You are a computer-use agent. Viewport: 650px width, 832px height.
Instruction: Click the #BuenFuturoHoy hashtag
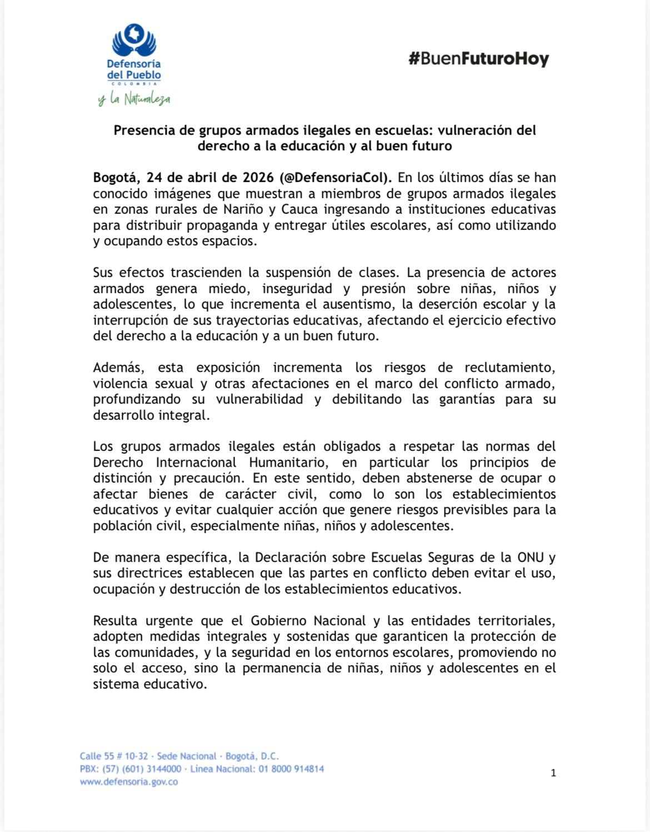tap(478, 59)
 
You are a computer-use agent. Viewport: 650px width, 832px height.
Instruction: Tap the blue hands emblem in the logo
tap(134, 41)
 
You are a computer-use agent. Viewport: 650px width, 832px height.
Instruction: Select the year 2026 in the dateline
tap(258, 178)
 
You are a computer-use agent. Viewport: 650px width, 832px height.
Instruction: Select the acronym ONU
tap(531, 558)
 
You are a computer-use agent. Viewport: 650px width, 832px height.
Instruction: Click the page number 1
tap(553, 773)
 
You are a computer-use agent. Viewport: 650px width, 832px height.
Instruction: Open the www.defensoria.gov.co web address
tap(129, 781)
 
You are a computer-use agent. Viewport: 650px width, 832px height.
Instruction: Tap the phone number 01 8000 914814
tap(291, 769)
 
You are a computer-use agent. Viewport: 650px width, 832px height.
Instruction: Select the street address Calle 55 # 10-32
tap(114, 756)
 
